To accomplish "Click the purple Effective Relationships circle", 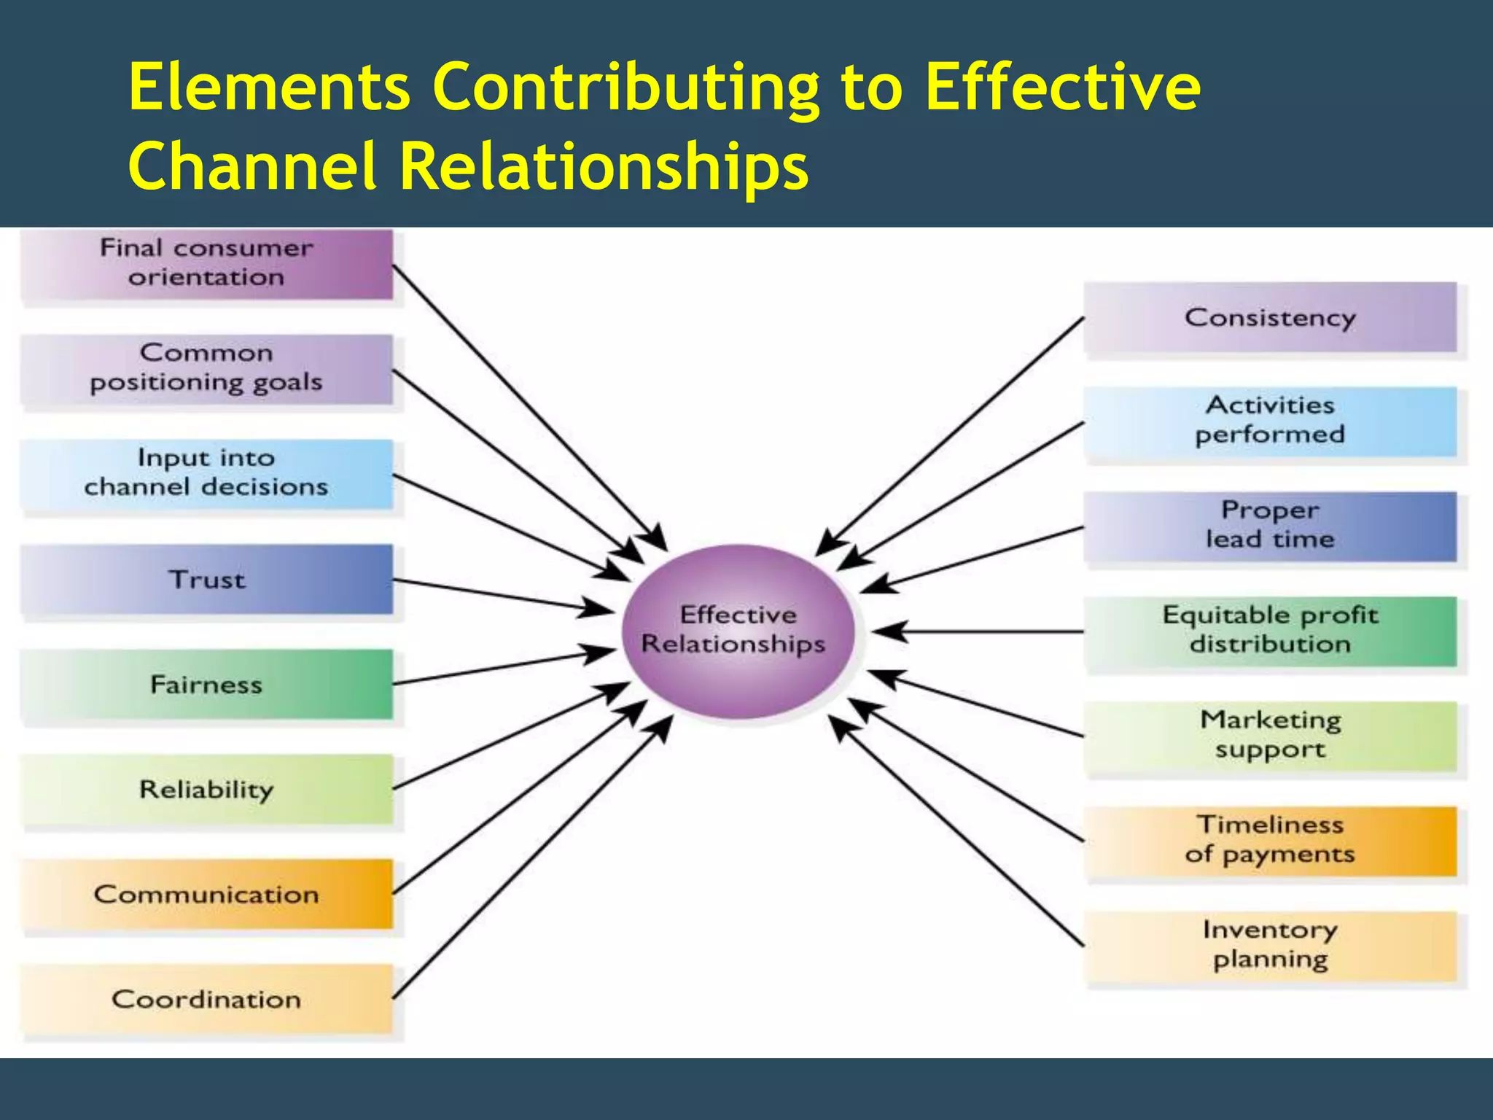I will [737, 631].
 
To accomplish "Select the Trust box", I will [206, 580].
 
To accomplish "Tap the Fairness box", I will [206, 685].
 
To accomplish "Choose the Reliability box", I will [206, 790].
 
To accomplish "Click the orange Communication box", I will [206, 894].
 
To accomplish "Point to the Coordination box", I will [206, 999].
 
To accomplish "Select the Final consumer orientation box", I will [206, 264].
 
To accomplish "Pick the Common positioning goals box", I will [206, 369].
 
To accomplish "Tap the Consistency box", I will [1270, 318].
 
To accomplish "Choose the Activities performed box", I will [1270, 421].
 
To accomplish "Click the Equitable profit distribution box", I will [1270, 631].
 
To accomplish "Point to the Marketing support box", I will [1270, 736].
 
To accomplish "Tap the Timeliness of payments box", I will [1270, 841].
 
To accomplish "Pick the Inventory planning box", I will [1270, 946].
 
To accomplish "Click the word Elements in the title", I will [269, 87].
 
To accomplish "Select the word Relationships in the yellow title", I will [604, 166].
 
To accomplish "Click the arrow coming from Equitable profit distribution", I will [984, 631].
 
